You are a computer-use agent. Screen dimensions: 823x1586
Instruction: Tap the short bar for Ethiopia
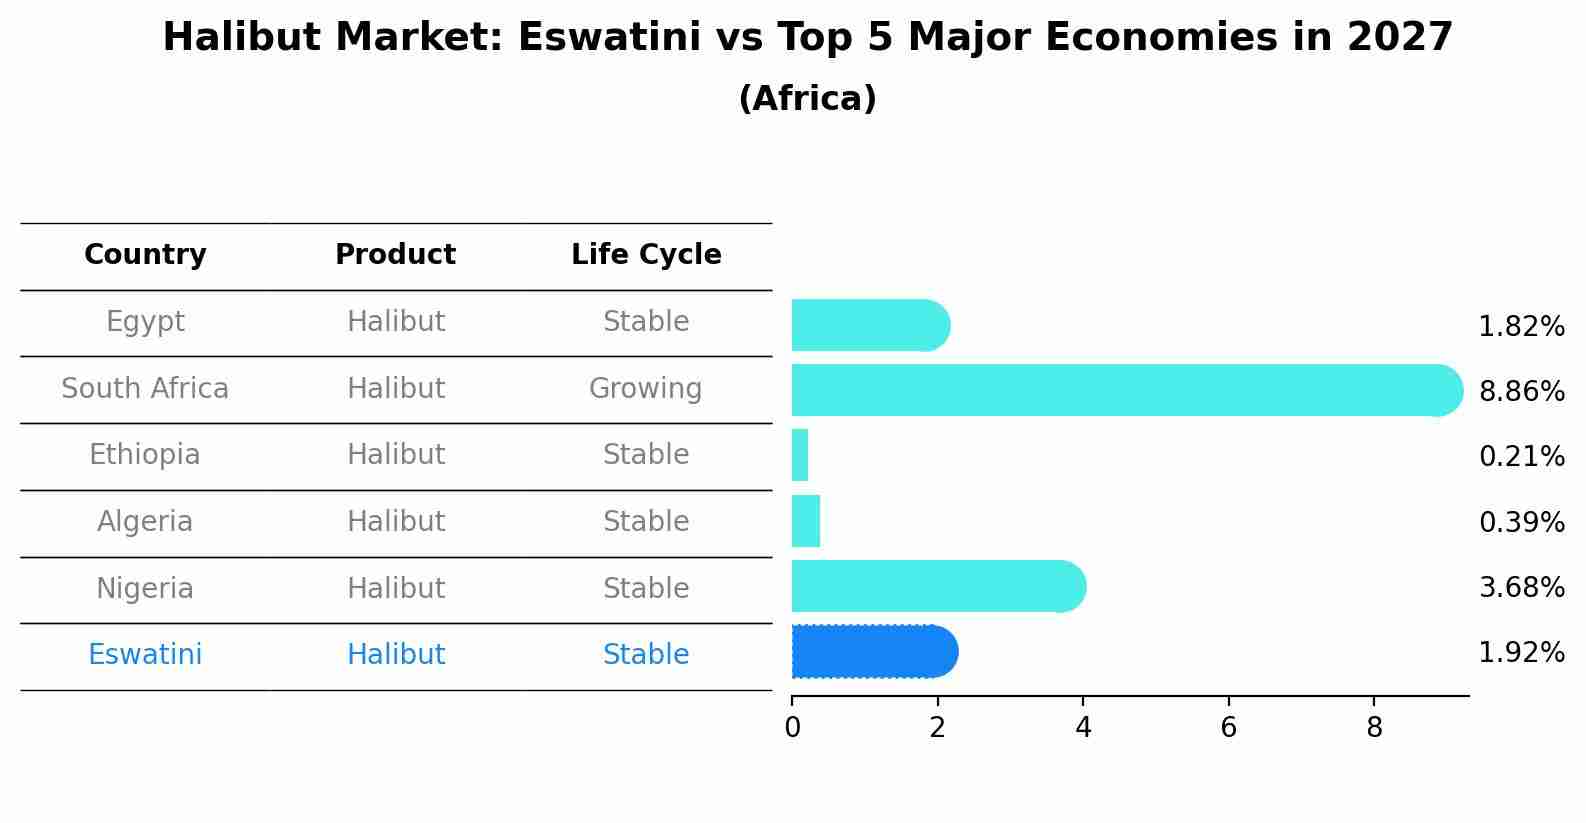800,456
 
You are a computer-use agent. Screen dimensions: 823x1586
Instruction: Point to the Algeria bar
806,521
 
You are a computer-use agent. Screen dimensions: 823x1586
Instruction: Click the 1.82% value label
1520,327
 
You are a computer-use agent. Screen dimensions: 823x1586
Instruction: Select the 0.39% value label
1520,522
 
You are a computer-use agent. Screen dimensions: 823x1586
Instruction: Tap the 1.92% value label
1520,653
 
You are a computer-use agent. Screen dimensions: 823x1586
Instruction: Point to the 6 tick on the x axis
1228,727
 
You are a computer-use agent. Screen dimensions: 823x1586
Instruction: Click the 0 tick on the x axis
792,727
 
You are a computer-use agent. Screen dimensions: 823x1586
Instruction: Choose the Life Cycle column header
646,255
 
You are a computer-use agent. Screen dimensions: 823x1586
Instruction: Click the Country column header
145,255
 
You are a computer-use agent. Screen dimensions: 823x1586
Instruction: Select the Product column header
395,255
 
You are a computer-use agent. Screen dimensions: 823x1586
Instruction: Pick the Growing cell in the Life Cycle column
645,388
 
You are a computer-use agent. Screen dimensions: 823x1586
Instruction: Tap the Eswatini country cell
145,655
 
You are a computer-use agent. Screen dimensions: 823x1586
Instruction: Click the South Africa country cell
145,388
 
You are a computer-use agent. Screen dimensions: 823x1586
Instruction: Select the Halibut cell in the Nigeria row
395,588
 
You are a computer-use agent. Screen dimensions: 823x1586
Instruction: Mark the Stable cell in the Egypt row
645,322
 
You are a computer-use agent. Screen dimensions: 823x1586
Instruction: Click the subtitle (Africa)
807,99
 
